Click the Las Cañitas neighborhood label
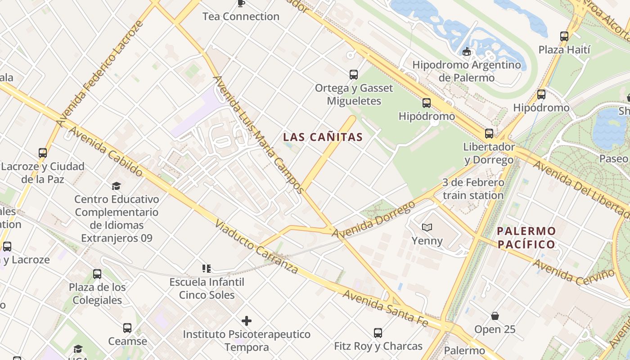[323, 137]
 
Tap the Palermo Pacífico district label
[526, 238]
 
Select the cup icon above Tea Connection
[241, 3]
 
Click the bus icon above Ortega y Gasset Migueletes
[354, 74]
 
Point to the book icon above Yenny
[427, 227]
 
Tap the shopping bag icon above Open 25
[495, 316]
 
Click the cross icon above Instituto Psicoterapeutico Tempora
[247, 321]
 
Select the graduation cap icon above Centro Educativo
[117, 186]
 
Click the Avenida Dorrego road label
[373, 220]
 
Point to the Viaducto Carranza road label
[256, 247]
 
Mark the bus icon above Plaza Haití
[564, 36]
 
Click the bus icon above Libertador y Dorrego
[489, 134]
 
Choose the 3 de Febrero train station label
[473, 189]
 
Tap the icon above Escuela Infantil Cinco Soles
[207, 269]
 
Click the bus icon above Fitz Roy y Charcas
[378, 333]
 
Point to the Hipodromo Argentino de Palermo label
[467, 71]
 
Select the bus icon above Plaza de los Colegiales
[97, 274]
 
